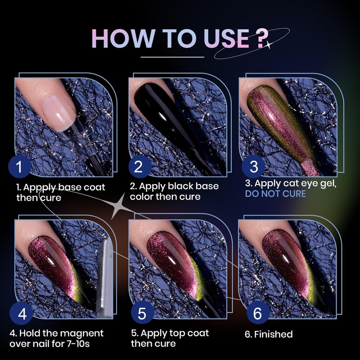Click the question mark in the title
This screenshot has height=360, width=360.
pos(262,39)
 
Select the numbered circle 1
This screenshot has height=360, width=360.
pos(19,166)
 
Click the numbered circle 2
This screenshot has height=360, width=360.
pos(139,166)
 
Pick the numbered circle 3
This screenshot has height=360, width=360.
pos(253,166)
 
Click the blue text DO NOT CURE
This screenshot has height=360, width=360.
pos(275,194)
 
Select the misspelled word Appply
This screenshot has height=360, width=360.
pos(39,188)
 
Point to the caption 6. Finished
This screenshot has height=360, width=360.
pos(269,334)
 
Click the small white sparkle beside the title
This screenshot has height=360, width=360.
pos(268,45)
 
